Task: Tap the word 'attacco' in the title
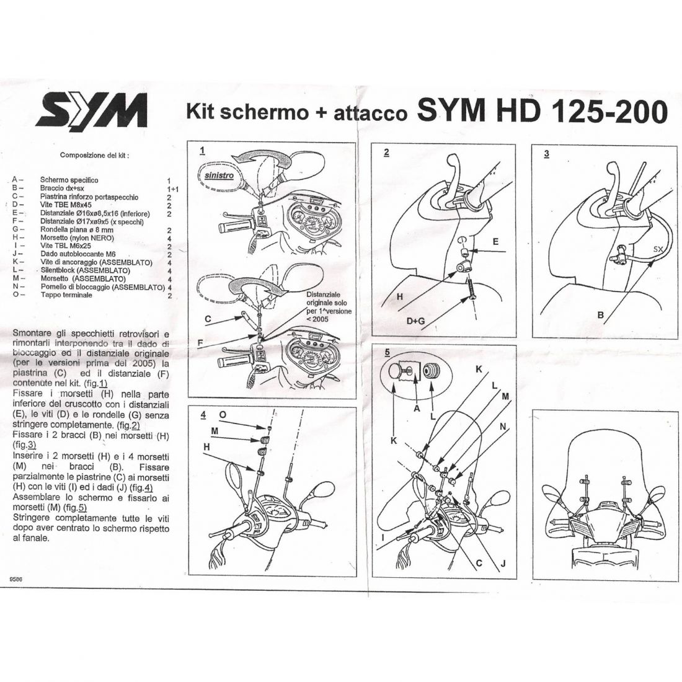coord(370,113)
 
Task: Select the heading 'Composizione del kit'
coord(94,155)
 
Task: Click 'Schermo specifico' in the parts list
coord(69,180)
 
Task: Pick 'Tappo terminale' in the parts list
coord(66,295)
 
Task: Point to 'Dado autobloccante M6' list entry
coord(78,254)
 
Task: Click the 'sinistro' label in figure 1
coord(219,175)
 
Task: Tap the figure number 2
coord(386,153)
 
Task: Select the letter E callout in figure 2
coord(495,241)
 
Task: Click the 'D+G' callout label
coord(415,321)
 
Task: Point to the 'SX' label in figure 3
coord(658,249)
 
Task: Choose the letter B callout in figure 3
coord(601,314)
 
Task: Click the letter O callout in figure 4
coord(223,415)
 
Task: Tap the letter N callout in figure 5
coord(503,427)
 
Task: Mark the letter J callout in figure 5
coord(503,564)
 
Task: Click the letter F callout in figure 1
coord(200,343)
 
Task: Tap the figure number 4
coord(203,415)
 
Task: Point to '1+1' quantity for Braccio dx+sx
coord(173,190)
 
